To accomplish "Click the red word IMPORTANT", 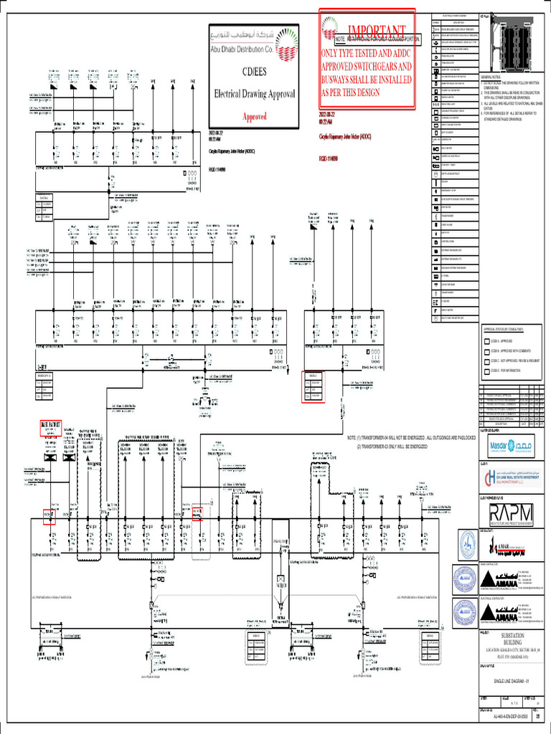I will click(x=376, y=30).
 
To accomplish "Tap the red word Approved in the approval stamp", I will click(x=254, y=116).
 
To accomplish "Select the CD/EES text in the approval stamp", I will click(x=254, y=70).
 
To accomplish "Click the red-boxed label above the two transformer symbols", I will click(x=52, y=429).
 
